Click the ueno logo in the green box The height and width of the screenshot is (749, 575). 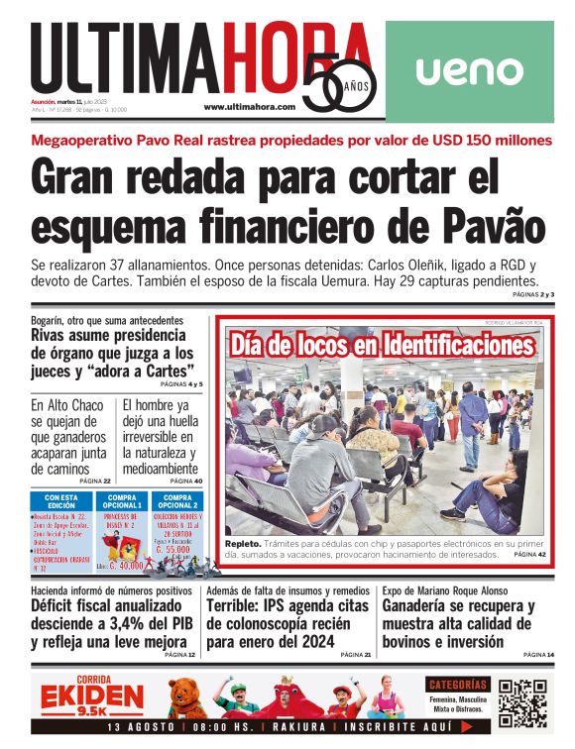[469, 71]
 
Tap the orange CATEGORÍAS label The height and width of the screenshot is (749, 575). [458, 685]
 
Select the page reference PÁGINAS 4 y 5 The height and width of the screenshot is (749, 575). [181, 383]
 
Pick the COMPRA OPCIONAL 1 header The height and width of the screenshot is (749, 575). [122, 501]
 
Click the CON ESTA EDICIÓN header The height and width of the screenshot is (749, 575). [62, 501]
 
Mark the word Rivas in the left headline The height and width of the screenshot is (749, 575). [55, 335]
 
